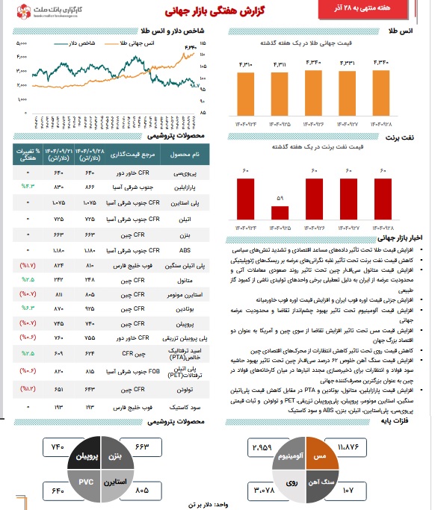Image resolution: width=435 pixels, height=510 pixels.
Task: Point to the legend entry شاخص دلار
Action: (x=87, y=45)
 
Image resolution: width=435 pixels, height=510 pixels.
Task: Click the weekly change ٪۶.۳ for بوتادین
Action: (x=27, y=307)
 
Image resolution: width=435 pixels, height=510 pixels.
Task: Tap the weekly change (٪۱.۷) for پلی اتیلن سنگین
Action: (x=27, y=265)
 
